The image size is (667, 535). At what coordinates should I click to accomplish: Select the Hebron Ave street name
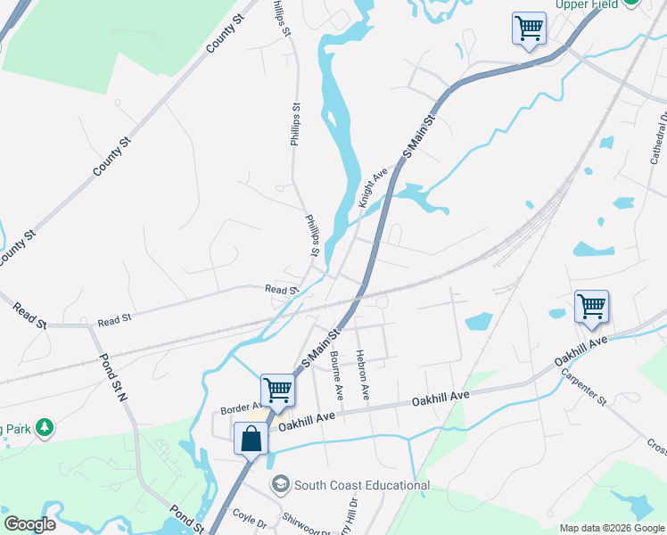pos(363,373)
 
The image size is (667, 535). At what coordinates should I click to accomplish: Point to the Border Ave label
pos(239,408)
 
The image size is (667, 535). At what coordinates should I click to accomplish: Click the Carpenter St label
pos(583,389)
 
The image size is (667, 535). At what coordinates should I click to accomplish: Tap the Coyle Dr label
pos(249,517)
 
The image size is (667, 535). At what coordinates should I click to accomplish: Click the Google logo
pos(29,524)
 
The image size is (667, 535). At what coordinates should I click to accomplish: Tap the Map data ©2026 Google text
pos(612,528)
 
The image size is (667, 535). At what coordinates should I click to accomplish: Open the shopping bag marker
pos(251,439)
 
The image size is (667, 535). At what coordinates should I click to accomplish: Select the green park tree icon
pos(44,429)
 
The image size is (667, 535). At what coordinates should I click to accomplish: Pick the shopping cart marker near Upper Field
pos(529,28)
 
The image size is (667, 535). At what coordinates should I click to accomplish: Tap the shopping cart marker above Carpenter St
pos(591,307)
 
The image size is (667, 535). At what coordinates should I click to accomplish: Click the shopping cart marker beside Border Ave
pos(277,389)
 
